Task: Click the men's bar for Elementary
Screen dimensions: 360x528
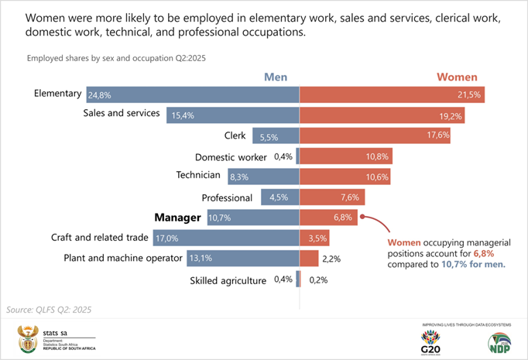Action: click(x=194, y=94)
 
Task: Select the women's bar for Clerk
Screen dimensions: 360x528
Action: click(x=375, y=135)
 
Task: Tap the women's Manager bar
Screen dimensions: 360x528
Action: click(x=329, y=218)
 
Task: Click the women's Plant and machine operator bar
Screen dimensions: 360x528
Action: click(x=309, y=259)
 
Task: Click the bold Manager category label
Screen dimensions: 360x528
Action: click(x=177, y=218)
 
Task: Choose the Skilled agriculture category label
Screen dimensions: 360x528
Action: click(x=228, y=279)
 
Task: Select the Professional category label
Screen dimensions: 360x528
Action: click(x=227, y=197)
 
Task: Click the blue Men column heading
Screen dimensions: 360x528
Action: click(x=276, y=77)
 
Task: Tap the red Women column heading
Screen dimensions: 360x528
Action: click(x=457, y=77)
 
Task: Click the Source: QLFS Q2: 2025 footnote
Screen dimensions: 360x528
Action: click(x=49, y=309)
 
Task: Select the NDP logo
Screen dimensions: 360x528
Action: click(x=500, y=341)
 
